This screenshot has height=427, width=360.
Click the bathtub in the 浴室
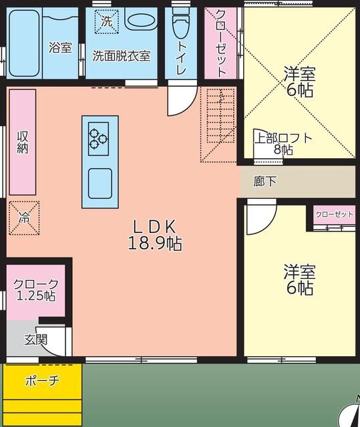point(23,43)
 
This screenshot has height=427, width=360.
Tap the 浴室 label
point(60,47)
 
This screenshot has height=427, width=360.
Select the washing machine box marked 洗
point(106,21)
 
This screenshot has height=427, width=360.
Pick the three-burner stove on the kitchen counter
point(100,136)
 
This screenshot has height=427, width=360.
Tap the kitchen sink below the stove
point(100,183)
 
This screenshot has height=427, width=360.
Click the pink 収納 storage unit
point(23,141)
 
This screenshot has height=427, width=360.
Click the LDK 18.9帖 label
point(154,234)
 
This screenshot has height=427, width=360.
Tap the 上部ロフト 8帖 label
point(283,144)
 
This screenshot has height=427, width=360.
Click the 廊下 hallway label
point(265,181)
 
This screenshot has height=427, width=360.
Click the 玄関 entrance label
point(36,339)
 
